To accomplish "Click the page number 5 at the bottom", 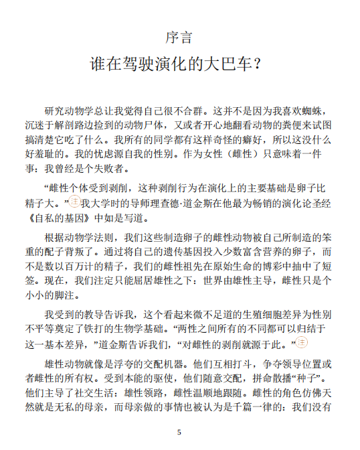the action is click(179, 433).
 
